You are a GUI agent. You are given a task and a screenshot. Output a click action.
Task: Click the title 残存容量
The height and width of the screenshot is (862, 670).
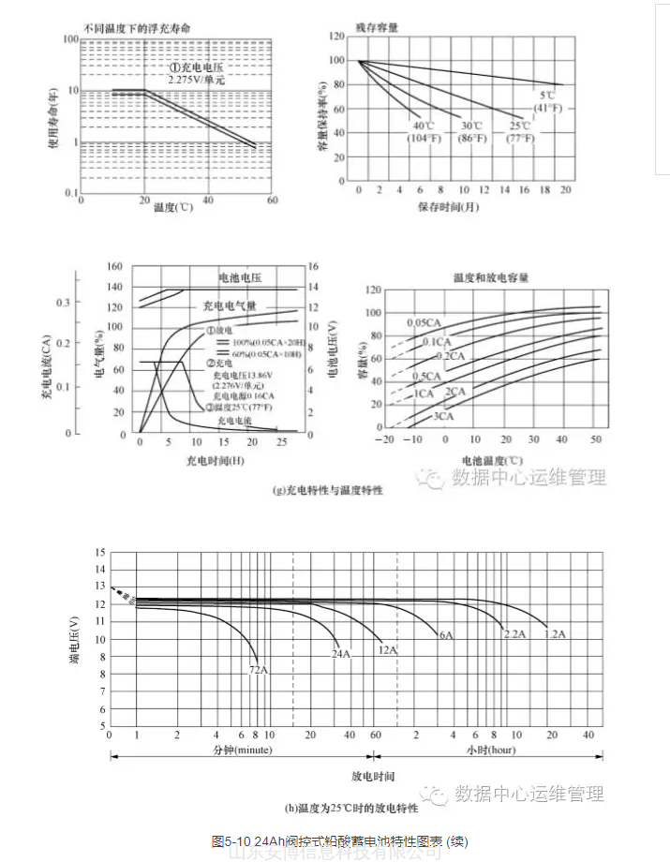[x=377, y=28]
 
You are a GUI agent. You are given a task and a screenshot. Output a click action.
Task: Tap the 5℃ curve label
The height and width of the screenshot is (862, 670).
[x=546, y=96]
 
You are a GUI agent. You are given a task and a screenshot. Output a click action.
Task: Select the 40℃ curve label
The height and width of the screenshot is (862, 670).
[x=424, y=126]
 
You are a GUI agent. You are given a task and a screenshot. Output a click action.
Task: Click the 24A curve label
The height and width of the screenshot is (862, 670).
[x=339, y=654]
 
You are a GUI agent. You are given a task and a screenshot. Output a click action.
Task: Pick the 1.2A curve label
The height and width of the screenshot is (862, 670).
[x=555, y=634]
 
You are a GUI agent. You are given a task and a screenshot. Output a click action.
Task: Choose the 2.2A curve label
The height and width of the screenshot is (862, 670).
[x=514, y=634]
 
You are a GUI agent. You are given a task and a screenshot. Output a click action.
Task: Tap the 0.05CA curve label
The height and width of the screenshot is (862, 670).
[x=424, y=322]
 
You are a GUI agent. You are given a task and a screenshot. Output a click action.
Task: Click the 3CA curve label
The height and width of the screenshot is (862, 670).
[x=442, y=415]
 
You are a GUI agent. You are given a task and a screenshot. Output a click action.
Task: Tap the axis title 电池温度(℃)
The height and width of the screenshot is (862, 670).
[x=491, y=461]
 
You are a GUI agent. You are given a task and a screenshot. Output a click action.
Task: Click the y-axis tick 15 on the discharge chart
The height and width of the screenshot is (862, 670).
[x=99, y=553]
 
